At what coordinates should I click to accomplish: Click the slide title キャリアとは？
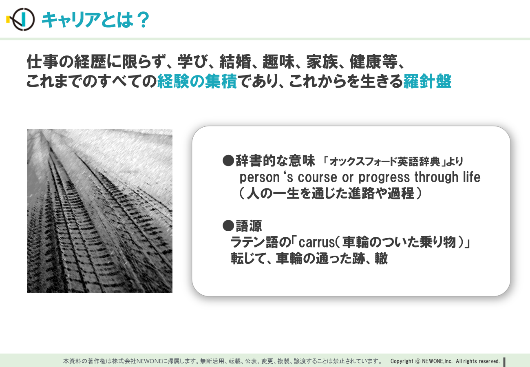95,20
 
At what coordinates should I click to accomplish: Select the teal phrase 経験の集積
197,81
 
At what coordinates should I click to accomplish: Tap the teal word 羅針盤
427,81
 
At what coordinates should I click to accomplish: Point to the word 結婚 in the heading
235,62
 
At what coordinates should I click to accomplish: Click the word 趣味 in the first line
278,62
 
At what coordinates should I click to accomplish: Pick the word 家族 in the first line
322,62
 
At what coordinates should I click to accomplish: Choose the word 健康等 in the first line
373,62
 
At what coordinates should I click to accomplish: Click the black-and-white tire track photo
99,211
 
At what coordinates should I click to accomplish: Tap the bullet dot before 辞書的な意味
228,161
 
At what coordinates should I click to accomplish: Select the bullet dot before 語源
228,226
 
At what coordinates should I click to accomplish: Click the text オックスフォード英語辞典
385,161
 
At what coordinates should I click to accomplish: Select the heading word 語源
249,226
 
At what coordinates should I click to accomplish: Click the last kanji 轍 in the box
381,258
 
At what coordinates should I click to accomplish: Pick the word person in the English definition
260,177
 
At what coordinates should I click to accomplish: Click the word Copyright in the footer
402,361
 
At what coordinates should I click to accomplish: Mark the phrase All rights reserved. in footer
478,361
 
